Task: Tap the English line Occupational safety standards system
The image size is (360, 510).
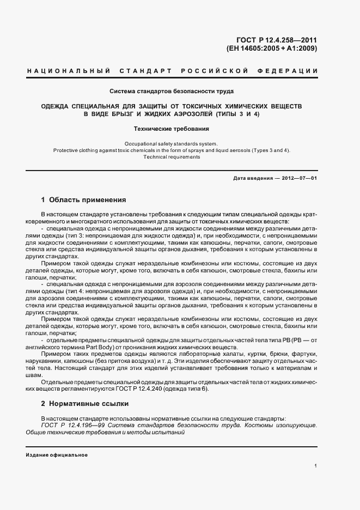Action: point(172,143)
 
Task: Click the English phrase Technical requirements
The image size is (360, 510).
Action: point(172,157)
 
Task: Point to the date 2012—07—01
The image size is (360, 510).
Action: point(298,179)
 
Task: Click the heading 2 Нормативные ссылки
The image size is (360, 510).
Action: point(85,404)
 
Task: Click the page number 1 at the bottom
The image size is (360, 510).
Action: point(316,466)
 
